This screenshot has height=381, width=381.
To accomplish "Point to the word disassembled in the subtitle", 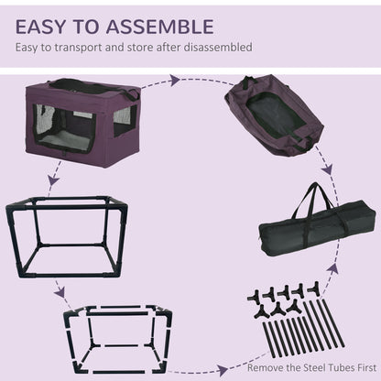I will coord(219,46).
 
